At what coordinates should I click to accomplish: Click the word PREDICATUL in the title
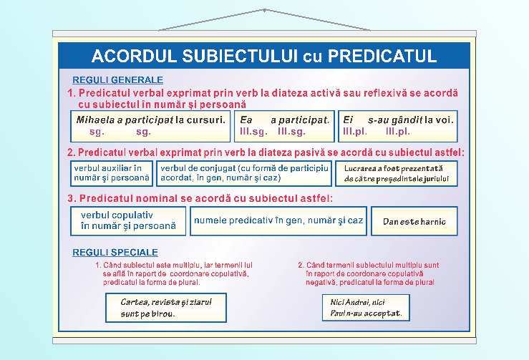click(x=381, y=56)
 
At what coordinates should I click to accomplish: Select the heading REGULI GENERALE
click(x=117, y=80)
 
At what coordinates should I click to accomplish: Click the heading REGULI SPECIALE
click(x=115, y=253)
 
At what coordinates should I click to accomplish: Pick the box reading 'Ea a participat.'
click(x=285, y=126)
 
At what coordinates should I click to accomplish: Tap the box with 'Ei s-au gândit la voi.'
click(x=397, y=126)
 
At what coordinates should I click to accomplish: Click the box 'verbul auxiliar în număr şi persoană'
click(x=112, y=172)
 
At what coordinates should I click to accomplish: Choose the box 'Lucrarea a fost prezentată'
click(x=395, y=173)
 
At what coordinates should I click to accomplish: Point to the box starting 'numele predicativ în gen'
click(x=278, y=220)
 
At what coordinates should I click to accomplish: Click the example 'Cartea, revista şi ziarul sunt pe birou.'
click(x=165, y=308)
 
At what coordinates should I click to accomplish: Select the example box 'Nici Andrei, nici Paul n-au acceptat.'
click(x=366, y=308)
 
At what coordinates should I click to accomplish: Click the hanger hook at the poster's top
click(x=264, y=11)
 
